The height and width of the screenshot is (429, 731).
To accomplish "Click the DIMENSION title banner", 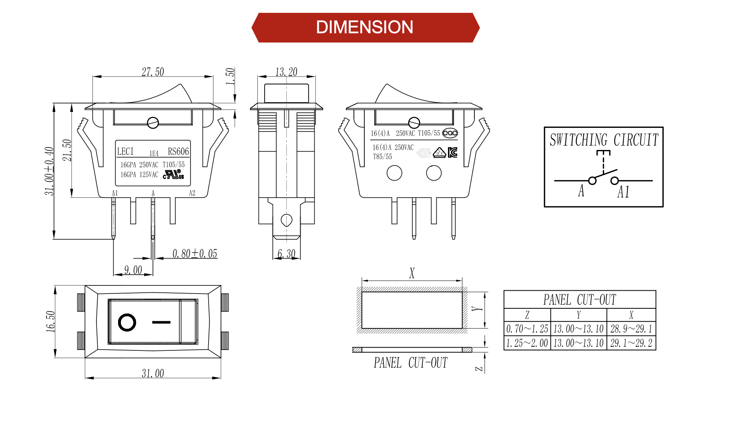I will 365,27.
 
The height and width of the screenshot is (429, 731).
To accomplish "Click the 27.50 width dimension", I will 153,72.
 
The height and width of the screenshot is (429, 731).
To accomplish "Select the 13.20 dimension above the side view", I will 286,72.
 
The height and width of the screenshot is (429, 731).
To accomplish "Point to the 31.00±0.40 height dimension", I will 49,171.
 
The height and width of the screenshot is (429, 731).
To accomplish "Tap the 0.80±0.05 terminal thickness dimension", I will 195,254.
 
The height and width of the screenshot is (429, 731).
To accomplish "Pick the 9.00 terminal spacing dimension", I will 133,270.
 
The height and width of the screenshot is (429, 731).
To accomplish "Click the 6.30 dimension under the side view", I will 286,254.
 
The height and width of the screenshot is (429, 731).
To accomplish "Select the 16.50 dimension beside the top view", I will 50,322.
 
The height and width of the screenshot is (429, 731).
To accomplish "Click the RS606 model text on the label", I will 178,152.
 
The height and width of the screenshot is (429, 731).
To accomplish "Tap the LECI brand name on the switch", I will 125,152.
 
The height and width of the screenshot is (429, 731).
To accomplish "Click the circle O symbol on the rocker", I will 127,322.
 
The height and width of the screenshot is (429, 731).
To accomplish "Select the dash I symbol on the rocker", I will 161,322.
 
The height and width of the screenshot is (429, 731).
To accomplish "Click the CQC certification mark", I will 450,133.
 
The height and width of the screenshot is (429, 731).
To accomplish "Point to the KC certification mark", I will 452,152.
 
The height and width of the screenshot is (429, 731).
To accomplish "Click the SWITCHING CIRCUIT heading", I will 604,140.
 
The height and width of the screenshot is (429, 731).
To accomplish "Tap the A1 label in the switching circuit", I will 623,192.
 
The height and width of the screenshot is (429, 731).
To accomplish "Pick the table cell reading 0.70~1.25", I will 527,329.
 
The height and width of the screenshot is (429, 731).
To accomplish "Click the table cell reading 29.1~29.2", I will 631,343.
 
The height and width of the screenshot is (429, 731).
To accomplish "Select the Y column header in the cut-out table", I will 578,315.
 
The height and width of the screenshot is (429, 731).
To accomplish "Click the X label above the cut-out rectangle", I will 412,273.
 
